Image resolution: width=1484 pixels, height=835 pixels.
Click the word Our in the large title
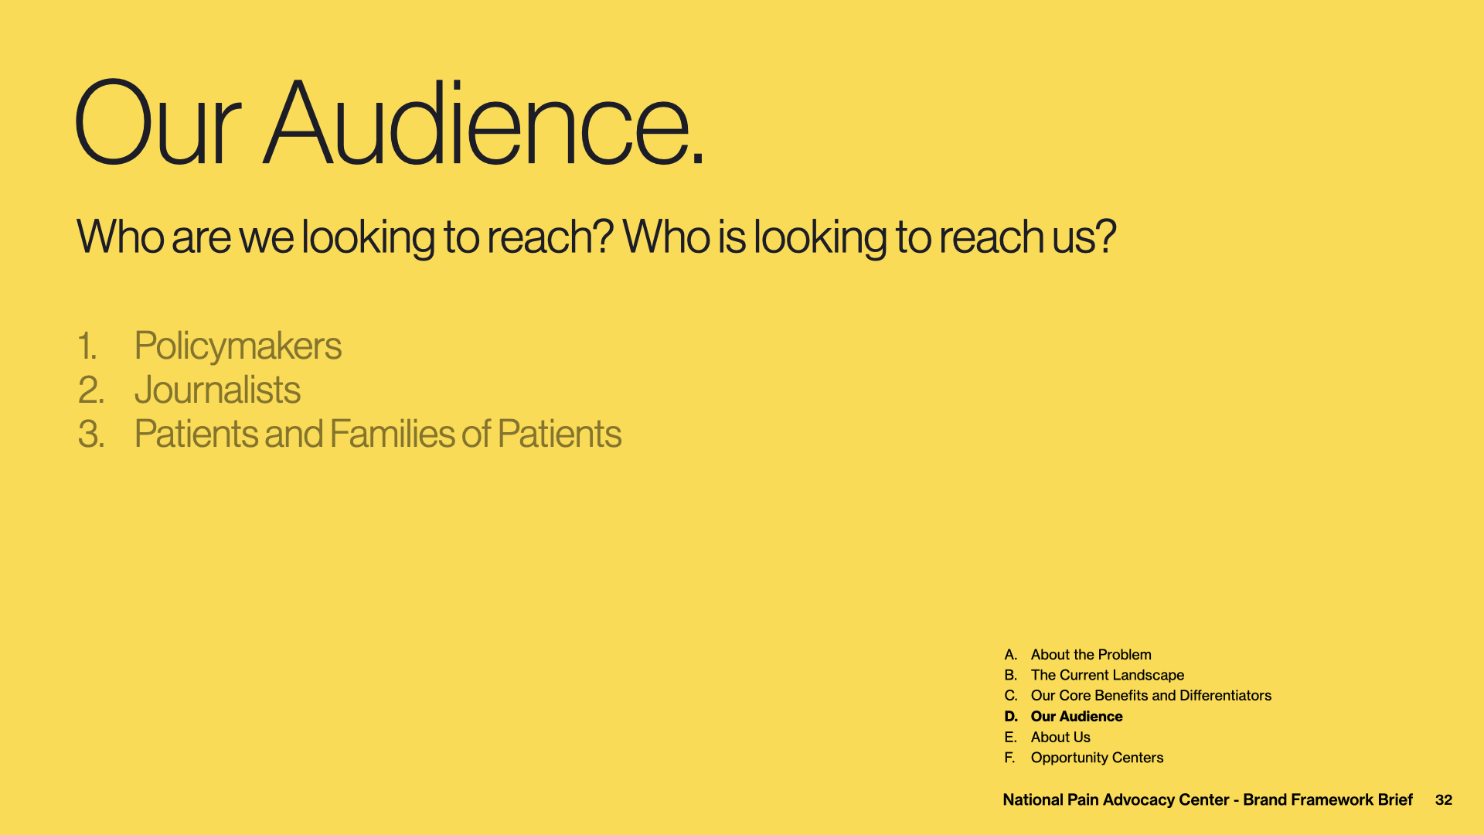pyautogui.click(x=158, y=122)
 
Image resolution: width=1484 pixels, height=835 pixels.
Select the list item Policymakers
pyautogui.click(x=238, y=346)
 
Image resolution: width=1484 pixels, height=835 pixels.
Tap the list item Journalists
pyautogui.click(x=217, y=390)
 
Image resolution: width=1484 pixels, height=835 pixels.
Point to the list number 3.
pyautogui.click(x=91, y=435)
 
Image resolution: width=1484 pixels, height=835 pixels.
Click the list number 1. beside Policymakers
pyautogui.click(x=87, y=346)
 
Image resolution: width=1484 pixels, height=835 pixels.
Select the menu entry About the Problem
pyautogui.click(x=1091, y=655)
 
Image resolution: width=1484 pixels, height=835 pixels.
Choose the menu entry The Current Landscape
pyautogui.click(x=1108, y=675)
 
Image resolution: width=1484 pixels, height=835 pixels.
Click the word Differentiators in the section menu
pyautogui.click(x=1225, y=696)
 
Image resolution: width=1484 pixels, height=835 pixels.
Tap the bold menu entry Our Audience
pyautogui.click(x=1077, y=717)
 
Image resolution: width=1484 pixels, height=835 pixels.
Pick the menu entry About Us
pyautogui.click(x=1060, y=738)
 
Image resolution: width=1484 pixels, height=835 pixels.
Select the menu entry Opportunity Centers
pyautogui.click(x=1097, y=758)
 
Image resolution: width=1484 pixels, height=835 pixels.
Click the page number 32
pyautogui.click(x=1444, y=800)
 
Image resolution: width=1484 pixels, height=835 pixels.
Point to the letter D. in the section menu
pyautogui.click(x=1011, y=717)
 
